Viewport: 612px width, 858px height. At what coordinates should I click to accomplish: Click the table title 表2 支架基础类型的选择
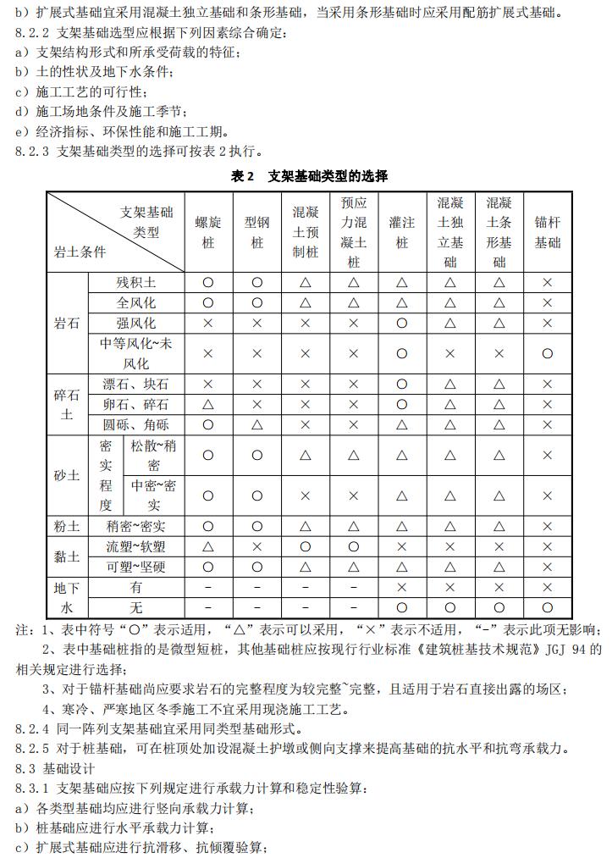click(309, 176)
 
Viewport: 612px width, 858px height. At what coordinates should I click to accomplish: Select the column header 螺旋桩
click(208, 232)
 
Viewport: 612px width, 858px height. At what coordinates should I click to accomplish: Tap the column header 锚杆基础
click(547, 232)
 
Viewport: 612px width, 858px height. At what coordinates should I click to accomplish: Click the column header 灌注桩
click(401, 232)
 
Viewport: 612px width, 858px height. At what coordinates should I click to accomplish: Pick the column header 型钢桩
click(257, 232)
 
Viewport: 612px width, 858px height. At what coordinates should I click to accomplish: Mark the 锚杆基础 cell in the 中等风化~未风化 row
click(547, 353)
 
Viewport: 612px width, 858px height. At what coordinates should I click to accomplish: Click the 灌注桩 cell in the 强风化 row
click(401, 323)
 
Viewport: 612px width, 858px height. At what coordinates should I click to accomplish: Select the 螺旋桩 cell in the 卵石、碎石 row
click(208, 405)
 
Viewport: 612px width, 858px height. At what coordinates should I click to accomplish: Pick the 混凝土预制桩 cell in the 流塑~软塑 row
click(306, 547)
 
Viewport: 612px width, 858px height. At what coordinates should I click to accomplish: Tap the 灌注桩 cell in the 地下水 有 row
click(401, 588)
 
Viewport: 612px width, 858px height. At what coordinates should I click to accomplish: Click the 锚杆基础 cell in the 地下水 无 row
click(547, 608)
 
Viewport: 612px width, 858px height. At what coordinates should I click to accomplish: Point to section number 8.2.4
click(35, 728)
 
